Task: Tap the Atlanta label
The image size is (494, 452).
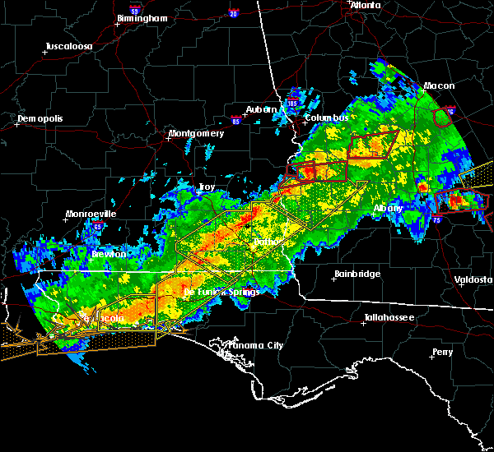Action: coord(366,5)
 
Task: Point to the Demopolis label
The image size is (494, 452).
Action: coord(40,119)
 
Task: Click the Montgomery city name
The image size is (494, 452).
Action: coord(196,133)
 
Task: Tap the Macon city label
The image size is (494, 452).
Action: coord(439,85)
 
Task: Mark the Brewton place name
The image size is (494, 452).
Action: coord(109,254)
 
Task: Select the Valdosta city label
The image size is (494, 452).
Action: coord(473,279)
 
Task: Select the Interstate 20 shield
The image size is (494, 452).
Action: coord(235,13)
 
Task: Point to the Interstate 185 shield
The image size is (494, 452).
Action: coord(292,104)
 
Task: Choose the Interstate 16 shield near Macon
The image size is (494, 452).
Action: coord(449,111)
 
